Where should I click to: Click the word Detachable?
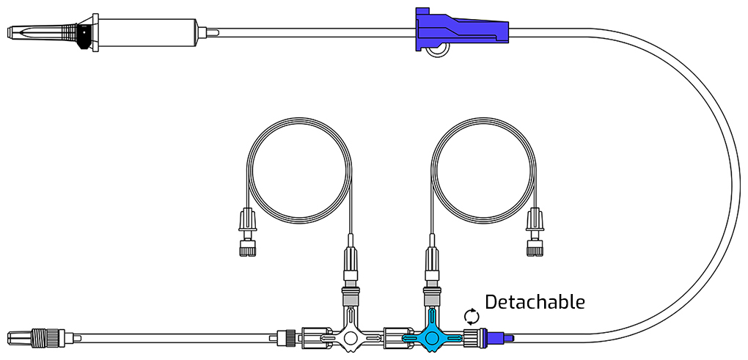pos(535,302)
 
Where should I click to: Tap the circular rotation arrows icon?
pos(471,316)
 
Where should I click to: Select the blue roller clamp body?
pos(462,29)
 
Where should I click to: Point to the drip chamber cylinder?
pos(148,32)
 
